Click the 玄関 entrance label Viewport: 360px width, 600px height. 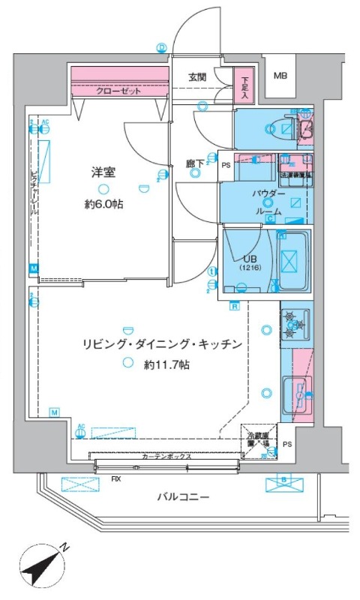(x=197, y=76)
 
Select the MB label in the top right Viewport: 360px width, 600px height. (x=280, y=76)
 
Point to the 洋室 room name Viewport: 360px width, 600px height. (x=103, y=172)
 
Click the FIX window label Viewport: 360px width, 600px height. (x=116, y=477)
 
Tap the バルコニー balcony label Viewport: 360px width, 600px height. (x=183, y=496)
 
